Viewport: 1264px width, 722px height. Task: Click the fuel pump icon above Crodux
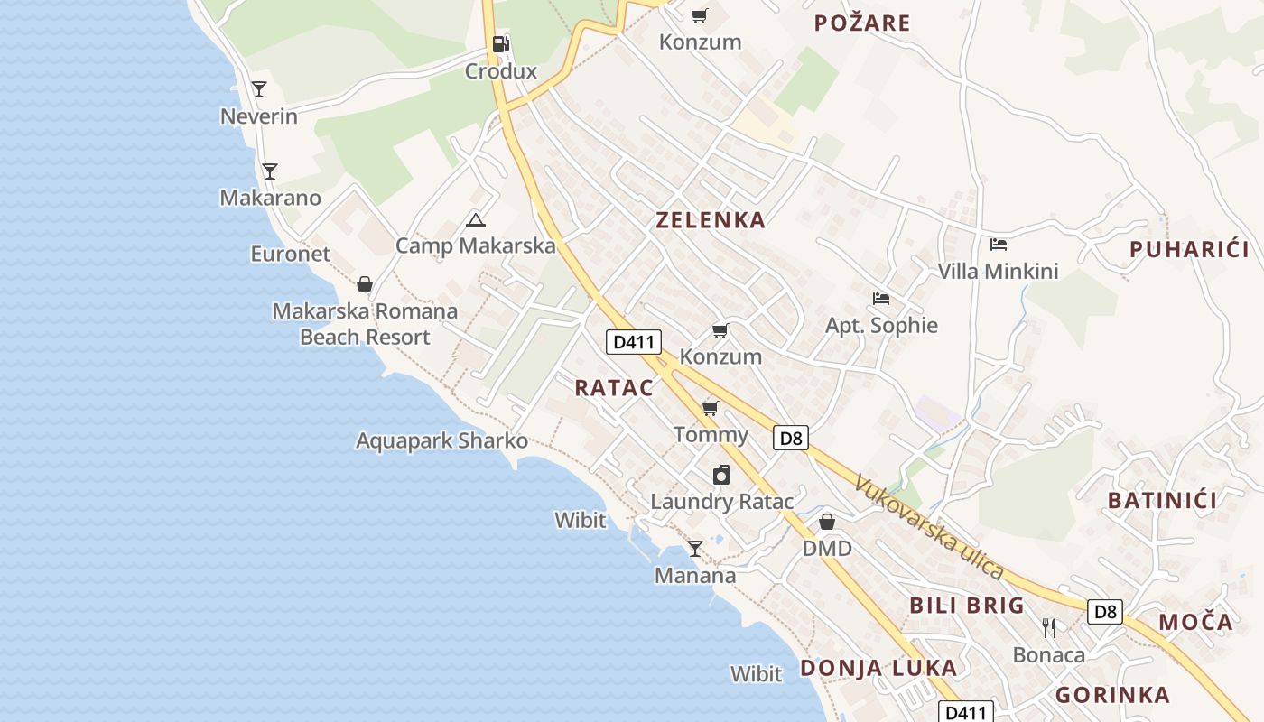point(500,43)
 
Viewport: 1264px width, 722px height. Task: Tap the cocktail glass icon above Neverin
point(259,88)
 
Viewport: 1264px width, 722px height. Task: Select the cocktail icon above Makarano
point(269,171)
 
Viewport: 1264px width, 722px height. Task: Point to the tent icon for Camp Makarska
point(475,219)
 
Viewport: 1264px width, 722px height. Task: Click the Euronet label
point(291,254)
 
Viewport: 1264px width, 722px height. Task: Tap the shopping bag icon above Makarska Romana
point(365,284)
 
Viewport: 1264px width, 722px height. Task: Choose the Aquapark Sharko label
point(441,441)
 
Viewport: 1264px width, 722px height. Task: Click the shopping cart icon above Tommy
point(711,408)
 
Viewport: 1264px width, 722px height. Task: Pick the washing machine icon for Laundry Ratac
point(721,475)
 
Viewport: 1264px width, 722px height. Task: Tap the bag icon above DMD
point(827,522)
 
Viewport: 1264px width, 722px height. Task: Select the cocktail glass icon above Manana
point(695,548)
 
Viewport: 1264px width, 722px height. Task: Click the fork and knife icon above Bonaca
point(1049,627)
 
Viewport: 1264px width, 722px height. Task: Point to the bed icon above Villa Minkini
point(998,244)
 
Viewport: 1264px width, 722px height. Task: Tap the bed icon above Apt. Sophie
point(881,298)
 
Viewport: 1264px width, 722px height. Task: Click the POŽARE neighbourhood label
point(862,23)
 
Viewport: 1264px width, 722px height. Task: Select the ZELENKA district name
point(711,219)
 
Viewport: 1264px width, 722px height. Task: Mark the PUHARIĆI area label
point(1189,249)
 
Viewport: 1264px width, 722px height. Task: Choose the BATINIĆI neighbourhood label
point(1162,500)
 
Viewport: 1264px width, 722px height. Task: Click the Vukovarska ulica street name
point(929,527)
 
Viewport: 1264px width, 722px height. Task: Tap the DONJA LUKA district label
point(878,668)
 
